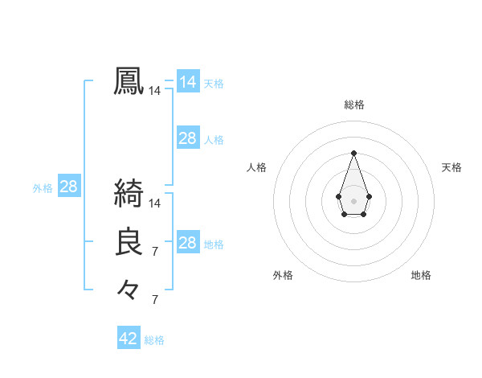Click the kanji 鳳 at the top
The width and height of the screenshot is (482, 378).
(129, 81)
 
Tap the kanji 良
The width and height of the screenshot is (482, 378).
(129, 242)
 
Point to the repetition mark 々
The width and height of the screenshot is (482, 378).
(129, 289)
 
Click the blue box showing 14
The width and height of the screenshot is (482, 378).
(187, 82)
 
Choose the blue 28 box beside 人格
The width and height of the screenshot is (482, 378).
(187, 138)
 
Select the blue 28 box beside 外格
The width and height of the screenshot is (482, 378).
(68, 187)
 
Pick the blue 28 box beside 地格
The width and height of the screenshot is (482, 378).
(187, 243)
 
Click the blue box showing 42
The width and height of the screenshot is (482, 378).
(129, 339)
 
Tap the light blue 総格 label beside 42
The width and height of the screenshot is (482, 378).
(154, 340)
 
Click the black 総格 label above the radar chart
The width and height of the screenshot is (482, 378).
(354, 105)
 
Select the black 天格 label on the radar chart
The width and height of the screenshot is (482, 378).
(451, 167)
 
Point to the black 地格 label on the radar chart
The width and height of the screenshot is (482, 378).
(421, 275)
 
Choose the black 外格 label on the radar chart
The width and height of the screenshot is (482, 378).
(283, 275)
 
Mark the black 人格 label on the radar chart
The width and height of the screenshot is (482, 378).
(257, 167)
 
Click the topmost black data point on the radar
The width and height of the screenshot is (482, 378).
(353, 153)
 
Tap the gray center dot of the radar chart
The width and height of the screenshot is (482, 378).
(353, 199)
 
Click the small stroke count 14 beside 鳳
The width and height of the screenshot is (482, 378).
(155, 92)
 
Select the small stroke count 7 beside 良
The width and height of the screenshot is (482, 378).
(155, 252)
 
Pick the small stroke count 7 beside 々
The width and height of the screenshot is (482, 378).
(155, 299)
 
